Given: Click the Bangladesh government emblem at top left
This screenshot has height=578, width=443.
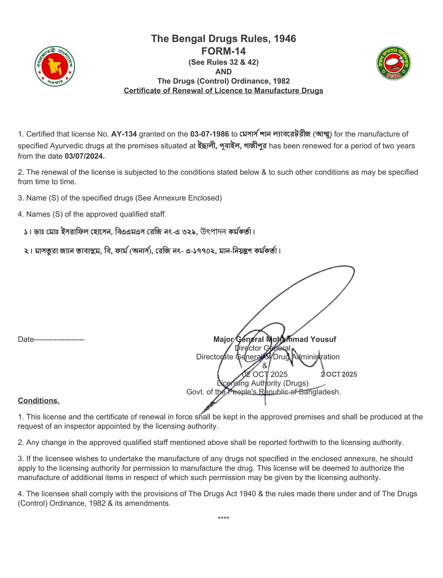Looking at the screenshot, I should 55,67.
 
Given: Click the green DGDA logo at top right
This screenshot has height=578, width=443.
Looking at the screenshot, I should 393,63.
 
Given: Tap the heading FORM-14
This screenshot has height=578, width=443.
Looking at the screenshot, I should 223,51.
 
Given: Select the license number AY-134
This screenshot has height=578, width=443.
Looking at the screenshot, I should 124,134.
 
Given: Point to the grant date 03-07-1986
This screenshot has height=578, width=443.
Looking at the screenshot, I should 210,134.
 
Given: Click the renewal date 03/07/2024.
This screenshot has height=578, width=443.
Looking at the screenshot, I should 85,156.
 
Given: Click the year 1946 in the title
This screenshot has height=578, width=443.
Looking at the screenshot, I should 285,39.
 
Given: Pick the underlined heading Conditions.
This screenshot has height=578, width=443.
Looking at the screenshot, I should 39,401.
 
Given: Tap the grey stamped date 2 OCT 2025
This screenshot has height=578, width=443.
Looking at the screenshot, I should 339,374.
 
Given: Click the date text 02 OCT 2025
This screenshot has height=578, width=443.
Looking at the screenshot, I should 265,374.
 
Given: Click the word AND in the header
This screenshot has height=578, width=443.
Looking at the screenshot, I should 223,71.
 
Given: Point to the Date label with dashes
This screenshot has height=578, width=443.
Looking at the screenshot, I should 51,339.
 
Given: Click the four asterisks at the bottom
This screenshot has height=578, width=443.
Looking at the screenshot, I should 223,518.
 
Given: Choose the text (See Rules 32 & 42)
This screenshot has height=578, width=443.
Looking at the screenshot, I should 223,62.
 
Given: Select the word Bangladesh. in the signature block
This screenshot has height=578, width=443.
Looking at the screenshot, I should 323,392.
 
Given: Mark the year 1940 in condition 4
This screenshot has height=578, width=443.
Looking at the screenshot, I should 246,494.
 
